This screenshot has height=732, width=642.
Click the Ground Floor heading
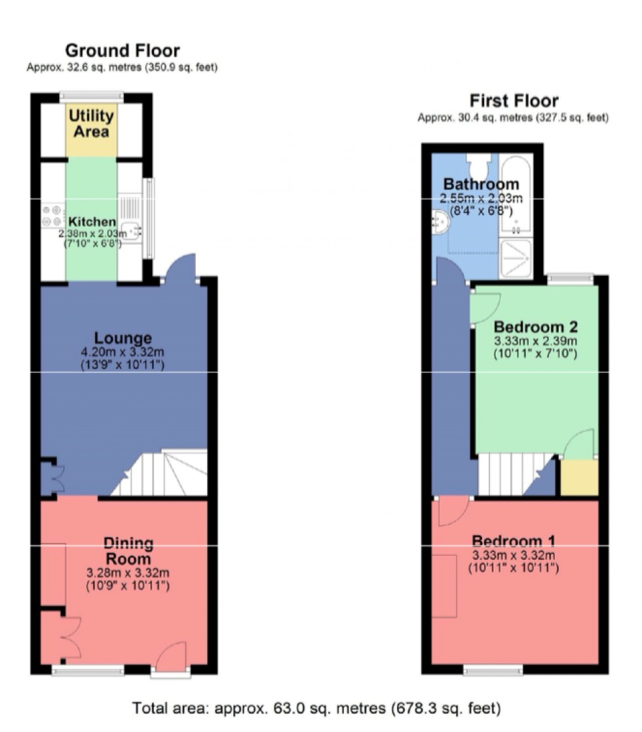pyautogui.click(x=123, y=50)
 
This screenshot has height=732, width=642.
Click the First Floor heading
pyautogui.click(x=514, y=101)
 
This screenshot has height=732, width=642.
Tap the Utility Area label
pyautogui.click(x=92, y=123)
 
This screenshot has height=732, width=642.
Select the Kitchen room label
pyautogui.click(x=92, y=222)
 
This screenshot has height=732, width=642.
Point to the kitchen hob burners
pyautogui.click(x=52, y=216)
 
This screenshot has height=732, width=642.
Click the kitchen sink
pyautogui.click(x=132, y=229)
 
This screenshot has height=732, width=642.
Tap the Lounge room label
pyautogui.click(x=123, y=338)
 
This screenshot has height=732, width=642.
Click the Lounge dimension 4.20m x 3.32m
pyautogui.click(x=123, y=352)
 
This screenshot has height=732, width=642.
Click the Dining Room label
pyautogui.click(x=128, y=551)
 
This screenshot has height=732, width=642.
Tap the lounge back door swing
pyautogui.click(x=181, y=267)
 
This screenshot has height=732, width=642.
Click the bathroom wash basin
pyautogui.click(x=441, y=222)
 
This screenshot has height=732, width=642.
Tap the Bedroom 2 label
pyautogui.click(x=535, y=326)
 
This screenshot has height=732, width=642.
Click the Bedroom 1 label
pyautogui.click(x=514, y=541)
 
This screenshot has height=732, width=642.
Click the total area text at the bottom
pyautogui.click(x=317, y=708)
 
